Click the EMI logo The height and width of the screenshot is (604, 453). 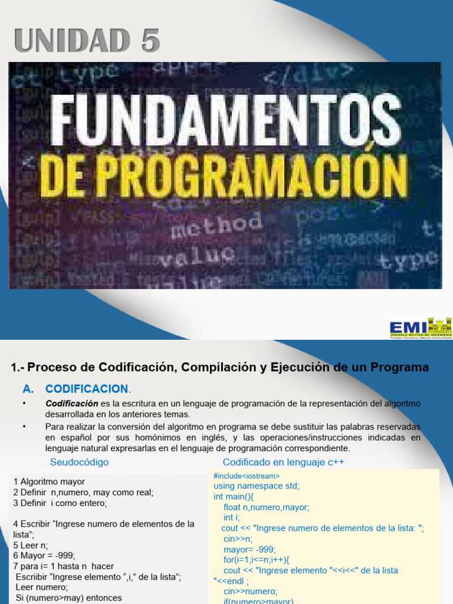click(x=420, y=327)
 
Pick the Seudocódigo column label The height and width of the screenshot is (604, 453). click(x=79, y=462)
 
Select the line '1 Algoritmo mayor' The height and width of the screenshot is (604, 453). click(x=49, y=481)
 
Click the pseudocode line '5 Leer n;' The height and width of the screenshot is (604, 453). click(x=31, y=546)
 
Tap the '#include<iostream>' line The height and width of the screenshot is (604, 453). click(x=247, y=476)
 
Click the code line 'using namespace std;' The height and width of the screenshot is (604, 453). click(x=257, y=486)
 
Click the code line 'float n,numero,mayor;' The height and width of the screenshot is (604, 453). click(x=266, y=507)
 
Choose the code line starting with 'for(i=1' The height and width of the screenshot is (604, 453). click(x=257, y=560)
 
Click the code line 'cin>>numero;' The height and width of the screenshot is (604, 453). click(x=250, y=592)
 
